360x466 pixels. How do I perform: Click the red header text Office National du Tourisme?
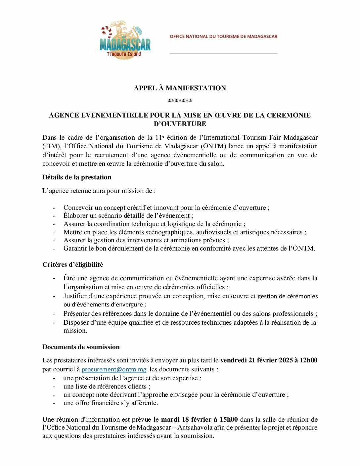pyautogui.click(x=223, y=36)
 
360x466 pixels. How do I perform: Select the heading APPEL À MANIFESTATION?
pyautogui.click(x=180, y=88)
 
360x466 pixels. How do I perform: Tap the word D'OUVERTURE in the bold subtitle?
pyautogui.click(x=180, y=124)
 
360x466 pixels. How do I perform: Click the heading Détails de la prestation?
pyautogui.click(x=77, y=177)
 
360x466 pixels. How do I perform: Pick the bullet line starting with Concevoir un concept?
pyautogui.click(x=166, y=208)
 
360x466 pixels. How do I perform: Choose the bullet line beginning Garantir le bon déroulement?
pyautogui.click(x=189, y=249)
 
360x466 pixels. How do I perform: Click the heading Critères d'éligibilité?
pyautogui.click(x=72, y=265)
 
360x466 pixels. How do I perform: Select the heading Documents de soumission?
pyautogui.click(x=81, y=347)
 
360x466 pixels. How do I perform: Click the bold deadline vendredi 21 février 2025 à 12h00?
pyautogui.click(x=269, y=360)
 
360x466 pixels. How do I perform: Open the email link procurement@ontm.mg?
pyautogui.click(x=114, y=369)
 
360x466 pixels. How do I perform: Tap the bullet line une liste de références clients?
pyautogui.click(x=107, y=387)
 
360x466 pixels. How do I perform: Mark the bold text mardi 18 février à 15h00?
pyautogui.click(x=199, y=420)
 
